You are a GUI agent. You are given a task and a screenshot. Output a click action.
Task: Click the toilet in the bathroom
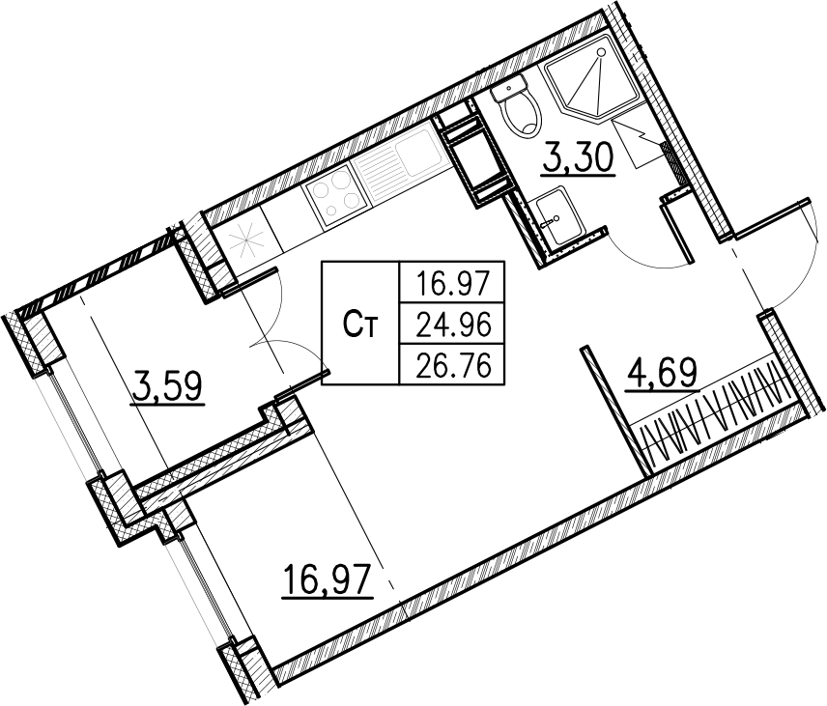pyautogui.click(x=521, y=105)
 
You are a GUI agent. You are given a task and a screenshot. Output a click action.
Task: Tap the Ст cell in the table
pyautogui.click(x=360, y=325)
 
